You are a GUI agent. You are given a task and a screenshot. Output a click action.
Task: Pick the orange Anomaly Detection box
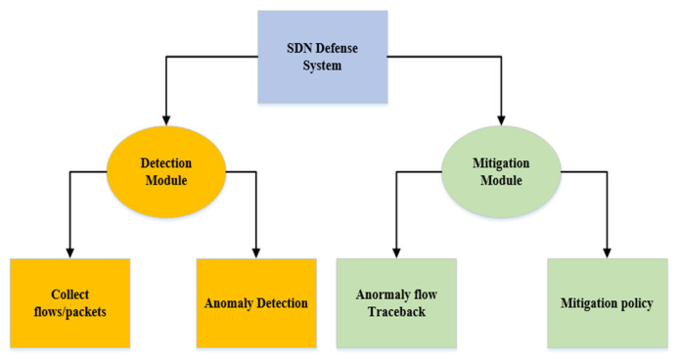coord(256,302)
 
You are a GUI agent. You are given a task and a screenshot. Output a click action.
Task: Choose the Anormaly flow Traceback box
coord(396,302)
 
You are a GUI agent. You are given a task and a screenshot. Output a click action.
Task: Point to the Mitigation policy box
coord(607,302)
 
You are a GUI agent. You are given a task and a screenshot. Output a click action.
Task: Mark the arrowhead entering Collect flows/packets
coord(69,251)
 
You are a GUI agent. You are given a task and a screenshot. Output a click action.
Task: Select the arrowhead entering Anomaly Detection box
coord(256,251)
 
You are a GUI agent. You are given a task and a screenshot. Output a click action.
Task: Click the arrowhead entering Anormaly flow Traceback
coord(395,251)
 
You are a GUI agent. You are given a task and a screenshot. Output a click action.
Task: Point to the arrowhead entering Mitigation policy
coord(607,251)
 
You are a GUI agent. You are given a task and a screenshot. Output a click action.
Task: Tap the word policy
coord(635,303)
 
